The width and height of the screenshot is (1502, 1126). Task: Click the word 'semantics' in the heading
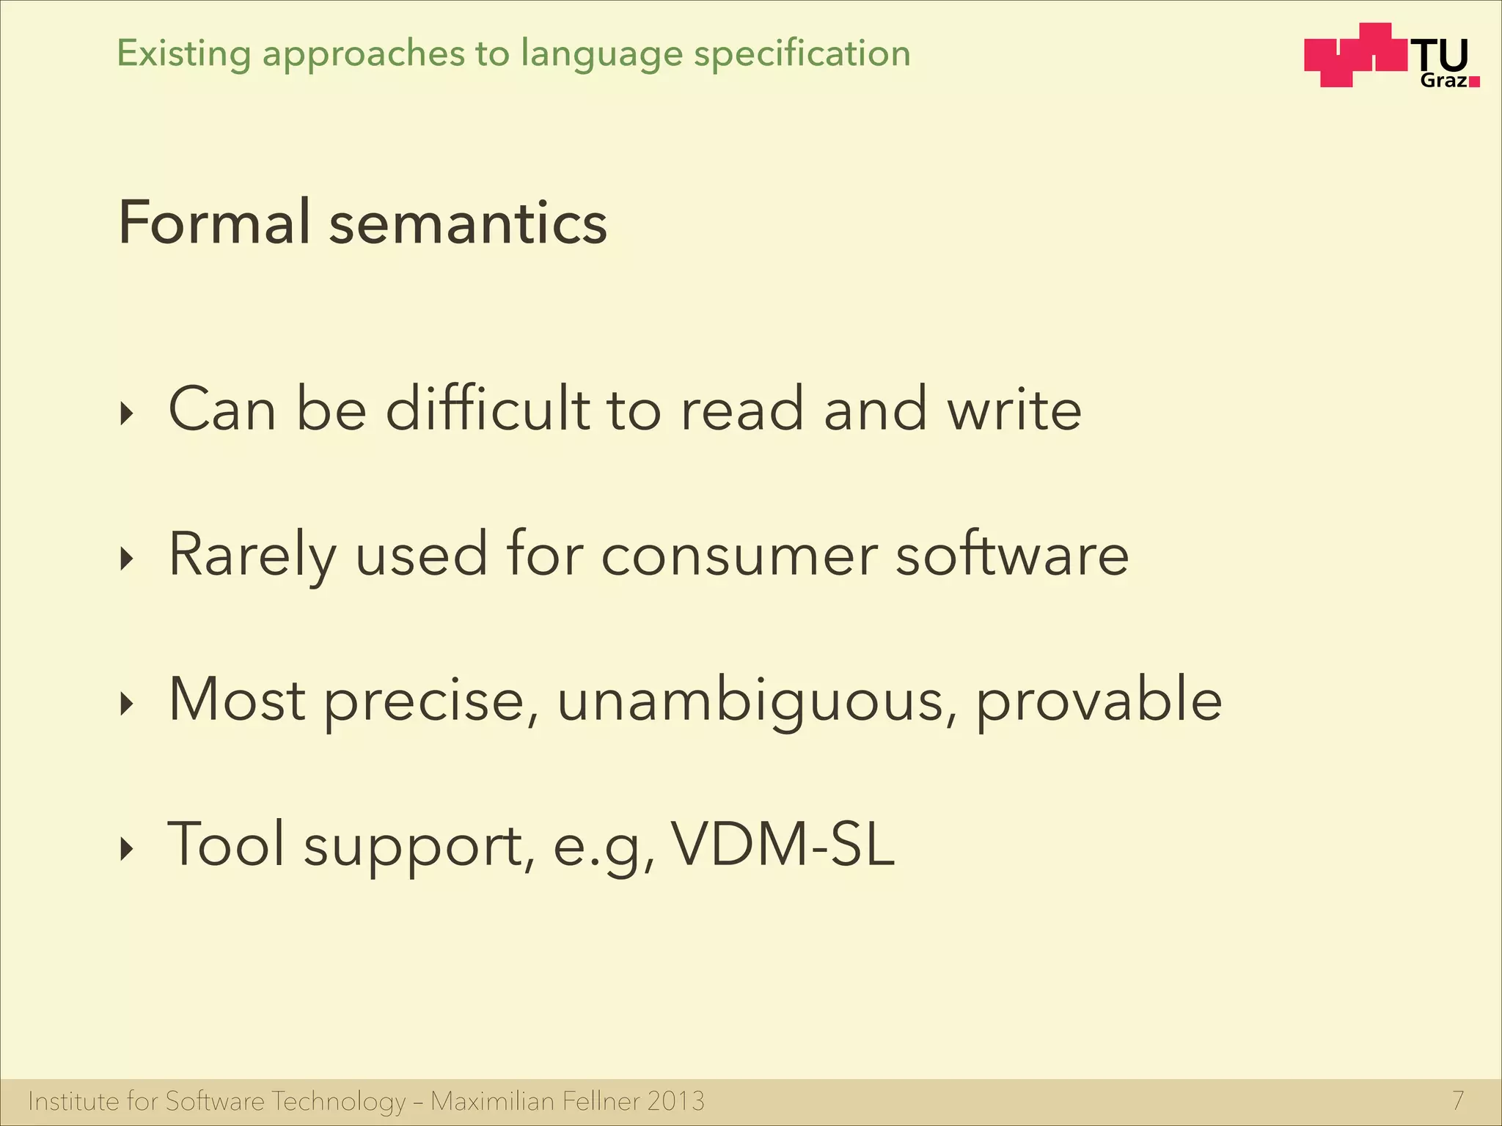(x=468, y=224)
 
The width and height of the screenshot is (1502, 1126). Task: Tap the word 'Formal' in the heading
(x=214, y=222)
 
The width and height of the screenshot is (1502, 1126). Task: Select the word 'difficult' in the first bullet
(x=488, y=408)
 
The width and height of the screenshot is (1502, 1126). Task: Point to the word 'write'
(x=1014, y=410)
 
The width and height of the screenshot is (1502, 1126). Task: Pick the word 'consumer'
(x=739, y=556)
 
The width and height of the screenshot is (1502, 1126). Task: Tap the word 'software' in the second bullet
(x=1012, y=554)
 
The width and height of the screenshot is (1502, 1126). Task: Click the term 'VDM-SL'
(x=783, y=844)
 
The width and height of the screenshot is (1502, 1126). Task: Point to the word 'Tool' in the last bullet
(x=226, y=844)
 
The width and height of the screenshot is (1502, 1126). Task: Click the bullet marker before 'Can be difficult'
(x=128, y=415)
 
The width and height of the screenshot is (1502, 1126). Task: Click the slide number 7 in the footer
(x=1458, y=1100)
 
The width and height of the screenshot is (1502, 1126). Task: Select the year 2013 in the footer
(x=675, y=1101)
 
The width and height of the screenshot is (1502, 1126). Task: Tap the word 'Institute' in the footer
(x=73, y=1101)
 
